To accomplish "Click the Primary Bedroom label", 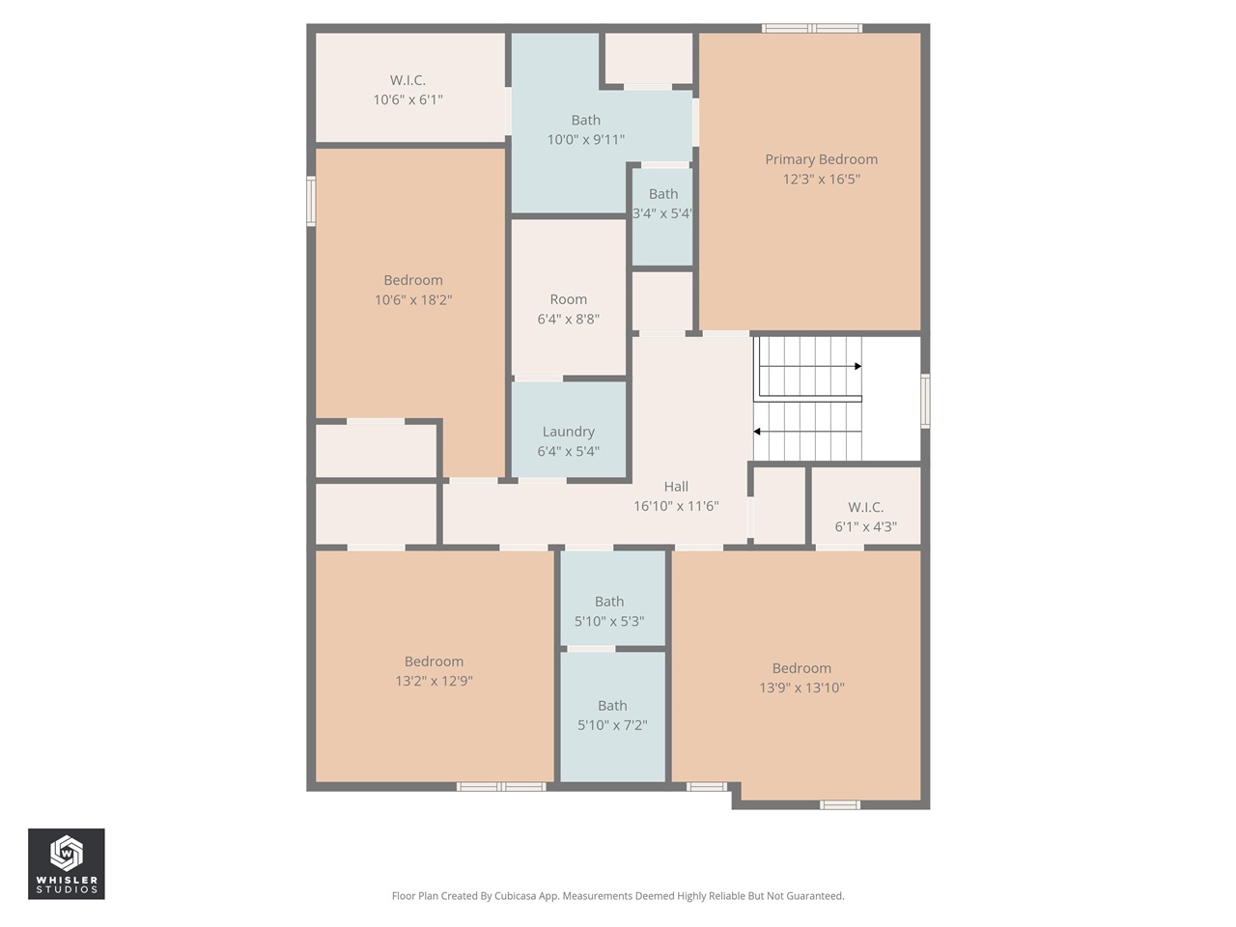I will click(821, 159).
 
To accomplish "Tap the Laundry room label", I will click(568, 432).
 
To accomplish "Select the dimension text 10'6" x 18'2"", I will click(413, 299).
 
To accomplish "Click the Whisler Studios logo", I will click(66, 863).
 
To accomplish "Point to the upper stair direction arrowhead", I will click(857, 367).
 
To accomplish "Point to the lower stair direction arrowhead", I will click(757, 432).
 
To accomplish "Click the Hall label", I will click(676, 487).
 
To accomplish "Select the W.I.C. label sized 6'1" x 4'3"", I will click(865, 507).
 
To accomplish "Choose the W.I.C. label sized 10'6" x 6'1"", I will click(407, 80).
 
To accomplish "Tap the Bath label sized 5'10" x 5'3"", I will click(609, 602).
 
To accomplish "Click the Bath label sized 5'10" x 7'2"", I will click(612, 706).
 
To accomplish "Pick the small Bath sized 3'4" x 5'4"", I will click(662, 194).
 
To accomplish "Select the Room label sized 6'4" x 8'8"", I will click(568, 299).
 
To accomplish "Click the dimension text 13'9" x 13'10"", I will click(801, 688).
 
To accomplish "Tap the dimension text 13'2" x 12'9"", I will click(434, 681).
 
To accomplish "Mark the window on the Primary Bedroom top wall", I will click(811, 28).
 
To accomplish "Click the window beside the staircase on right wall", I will click(925, 402).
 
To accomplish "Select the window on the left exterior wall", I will click(311, 201).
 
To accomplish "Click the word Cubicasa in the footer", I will click(517, 896).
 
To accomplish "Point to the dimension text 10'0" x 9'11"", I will click(585, 140).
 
